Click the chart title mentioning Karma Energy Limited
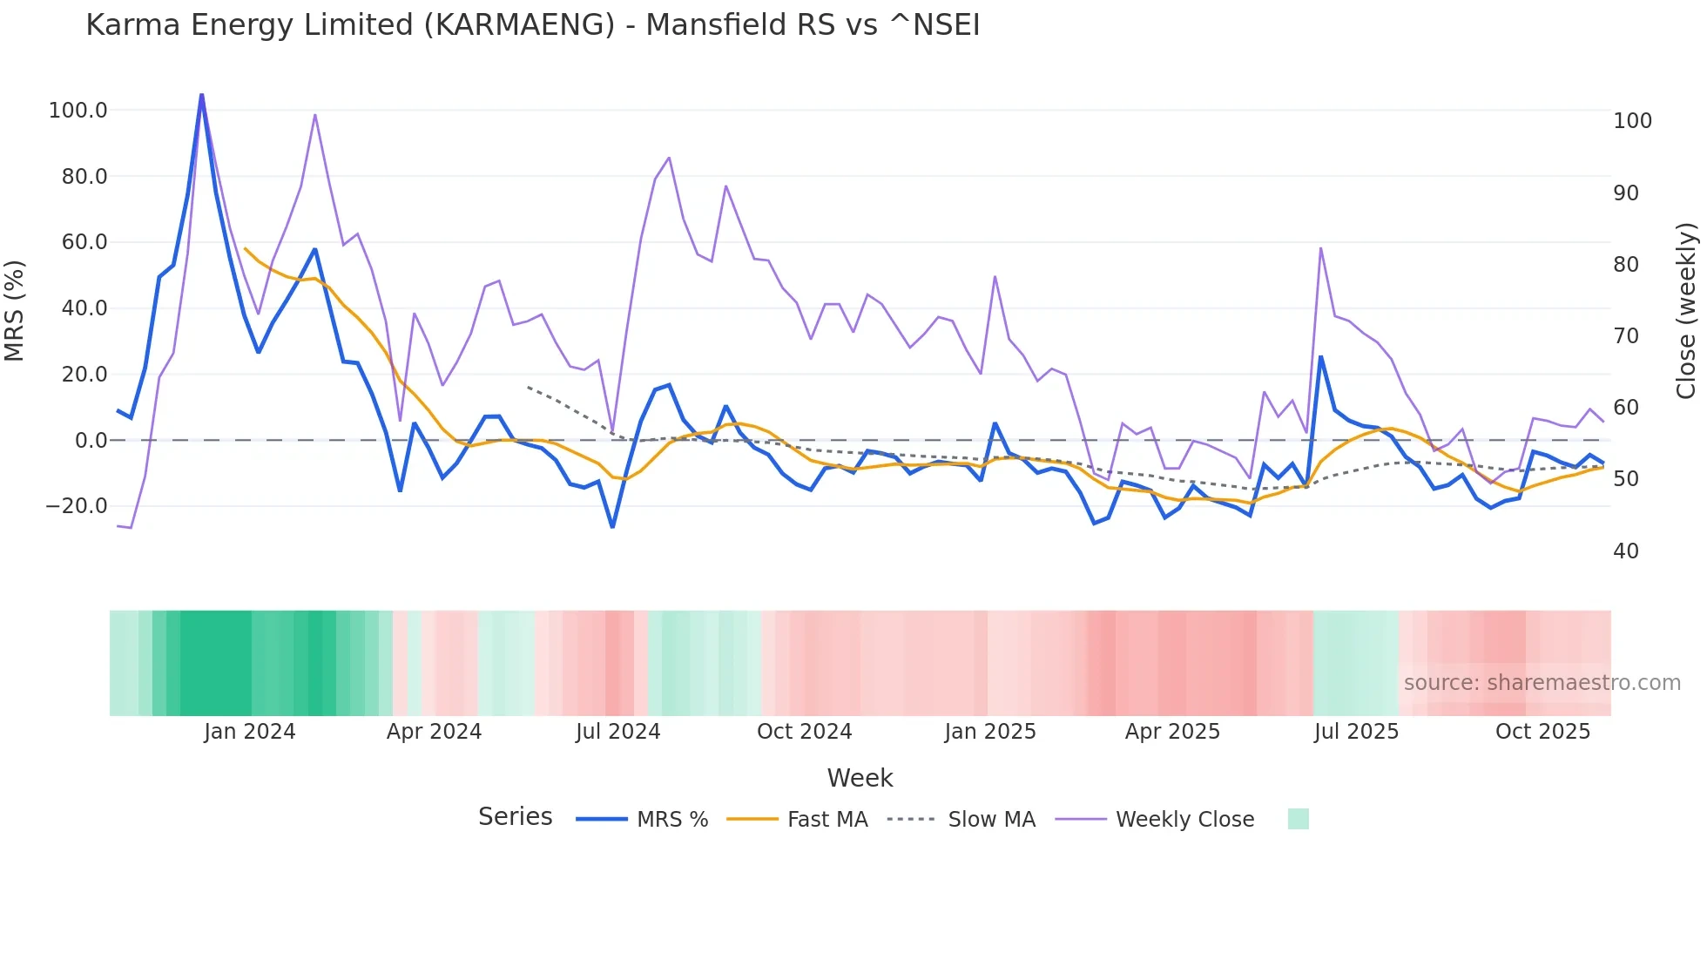coord(532,25)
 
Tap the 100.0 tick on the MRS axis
coord(78,111)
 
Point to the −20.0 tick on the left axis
coord(76,506)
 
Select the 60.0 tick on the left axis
coord(84,242)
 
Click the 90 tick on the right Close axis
coord(1625,193)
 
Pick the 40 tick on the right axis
coord(1625,551)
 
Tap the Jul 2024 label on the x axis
coord(617,732)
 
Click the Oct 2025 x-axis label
coord(1542,732)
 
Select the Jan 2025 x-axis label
coord(989,732)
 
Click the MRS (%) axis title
coord(15,310)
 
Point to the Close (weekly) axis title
coord(1686,311)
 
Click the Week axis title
coord(860,778)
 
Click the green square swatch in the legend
coord(1298,819)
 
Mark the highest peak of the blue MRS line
coord(202,95)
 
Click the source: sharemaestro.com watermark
coord(1542,683)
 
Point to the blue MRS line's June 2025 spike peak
coord(1320,357)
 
